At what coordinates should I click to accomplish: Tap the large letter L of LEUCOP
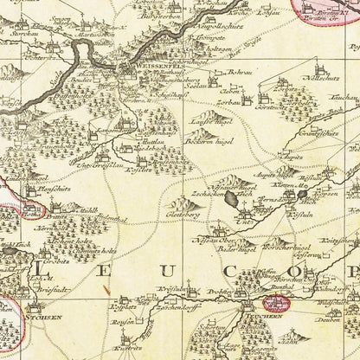42,273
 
